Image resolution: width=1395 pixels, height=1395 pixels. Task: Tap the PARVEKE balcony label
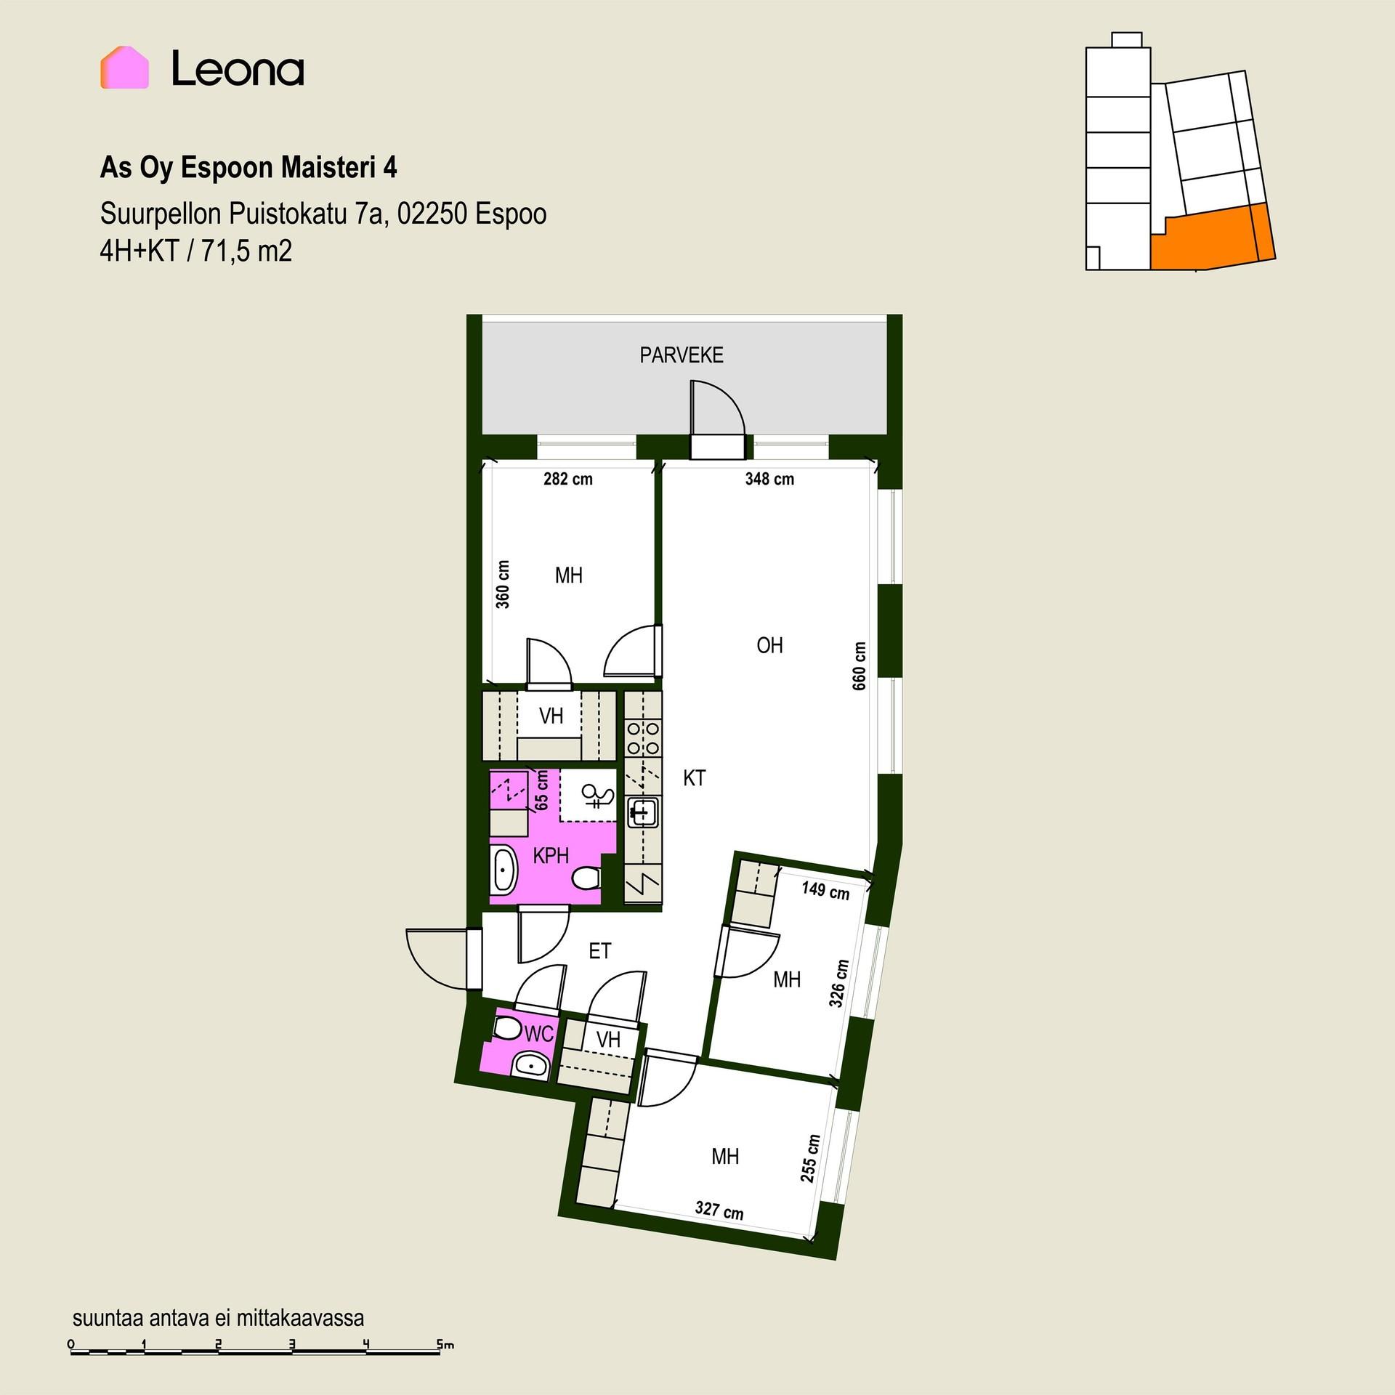(x=682, y=355)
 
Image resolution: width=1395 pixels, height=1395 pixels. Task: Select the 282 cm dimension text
(x=568, y=480)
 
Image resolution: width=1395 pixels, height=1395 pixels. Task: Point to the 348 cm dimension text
(x=769, y=480)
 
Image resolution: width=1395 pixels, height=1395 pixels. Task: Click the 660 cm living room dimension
(x=860, y=666)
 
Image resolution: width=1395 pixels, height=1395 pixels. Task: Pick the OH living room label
(x=769, y=645)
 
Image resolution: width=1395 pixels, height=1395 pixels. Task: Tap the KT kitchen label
(x=695, y=778)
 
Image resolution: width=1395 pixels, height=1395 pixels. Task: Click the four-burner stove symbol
(x=644, y=737)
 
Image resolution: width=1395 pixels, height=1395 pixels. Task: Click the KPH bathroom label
(x=551, y=856)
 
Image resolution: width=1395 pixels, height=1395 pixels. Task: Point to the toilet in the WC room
(x=508, y=1029)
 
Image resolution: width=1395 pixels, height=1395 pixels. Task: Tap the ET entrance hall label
(x=600, y=951)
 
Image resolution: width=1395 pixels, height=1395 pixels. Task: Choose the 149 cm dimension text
(x=825, y=890)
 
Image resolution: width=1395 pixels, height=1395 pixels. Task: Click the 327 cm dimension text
(x=719, y=1210)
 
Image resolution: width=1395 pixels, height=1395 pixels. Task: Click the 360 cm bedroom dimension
(x=503, y=584)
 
